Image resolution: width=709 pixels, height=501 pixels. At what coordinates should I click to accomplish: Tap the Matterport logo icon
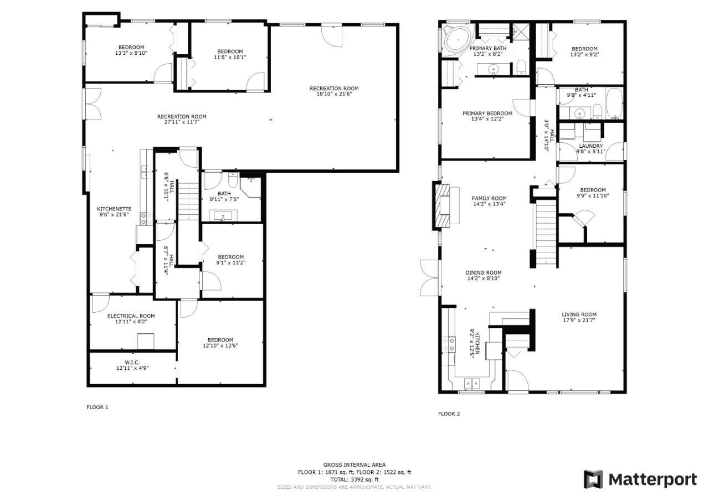[x=593, y=479]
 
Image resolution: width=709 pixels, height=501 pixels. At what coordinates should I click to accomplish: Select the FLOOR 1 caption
[x=97, y=407]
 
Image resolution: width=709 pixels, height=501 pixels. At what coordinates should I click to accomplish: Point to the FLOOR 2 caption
[x=449, y=414]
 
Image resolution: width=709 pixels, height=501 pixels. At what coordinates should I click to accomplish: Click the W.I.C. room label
[x=132, y=363]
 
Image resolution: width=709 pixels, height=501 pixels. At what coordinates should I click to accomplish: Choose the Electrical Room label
[x=131, y=316]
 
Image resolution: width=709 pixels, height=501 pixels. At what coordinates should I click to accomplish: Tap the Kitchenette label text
[x=114, y=209]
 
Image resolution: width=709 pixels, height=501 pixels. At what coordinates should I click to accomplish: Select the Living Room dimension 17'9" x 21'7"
[x=579, y=320]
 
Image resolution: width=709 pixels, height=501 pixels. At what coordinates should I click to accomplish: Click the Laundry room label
[x=590, y=146]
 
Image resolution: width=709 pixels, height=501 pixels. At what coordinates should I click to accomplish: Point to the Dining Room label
[x=484, y=272]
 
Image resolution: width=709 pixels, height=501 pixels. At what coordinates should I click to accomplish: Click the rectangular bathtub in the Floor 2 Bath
[x=614, y=104]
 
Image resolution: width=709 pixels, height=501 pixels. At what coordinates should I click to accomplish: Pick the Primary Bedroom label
[x=487, y=113]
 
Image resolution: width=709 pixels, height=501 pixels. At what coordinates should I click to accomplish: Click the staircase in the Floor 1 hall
[x=189, y=200]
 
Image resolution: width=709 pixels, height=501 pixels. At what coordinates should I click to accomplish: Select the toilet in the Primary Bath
[x=521, y=68]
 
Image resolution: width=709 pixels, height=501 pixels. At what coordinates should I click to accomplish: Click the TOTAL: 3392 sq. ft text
[x=354, y=479]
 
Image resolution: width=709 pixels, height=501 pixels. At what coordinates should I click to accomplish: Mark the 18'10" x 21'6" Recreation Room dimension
[x=334, y=94]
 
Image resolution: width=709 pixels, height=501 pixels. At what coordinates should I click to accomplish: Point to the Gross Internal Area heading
[x=354, y=464]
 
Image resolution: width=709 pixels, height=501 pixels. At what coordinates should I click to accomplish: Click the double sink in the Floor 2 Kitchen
[x=472, y=384]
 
